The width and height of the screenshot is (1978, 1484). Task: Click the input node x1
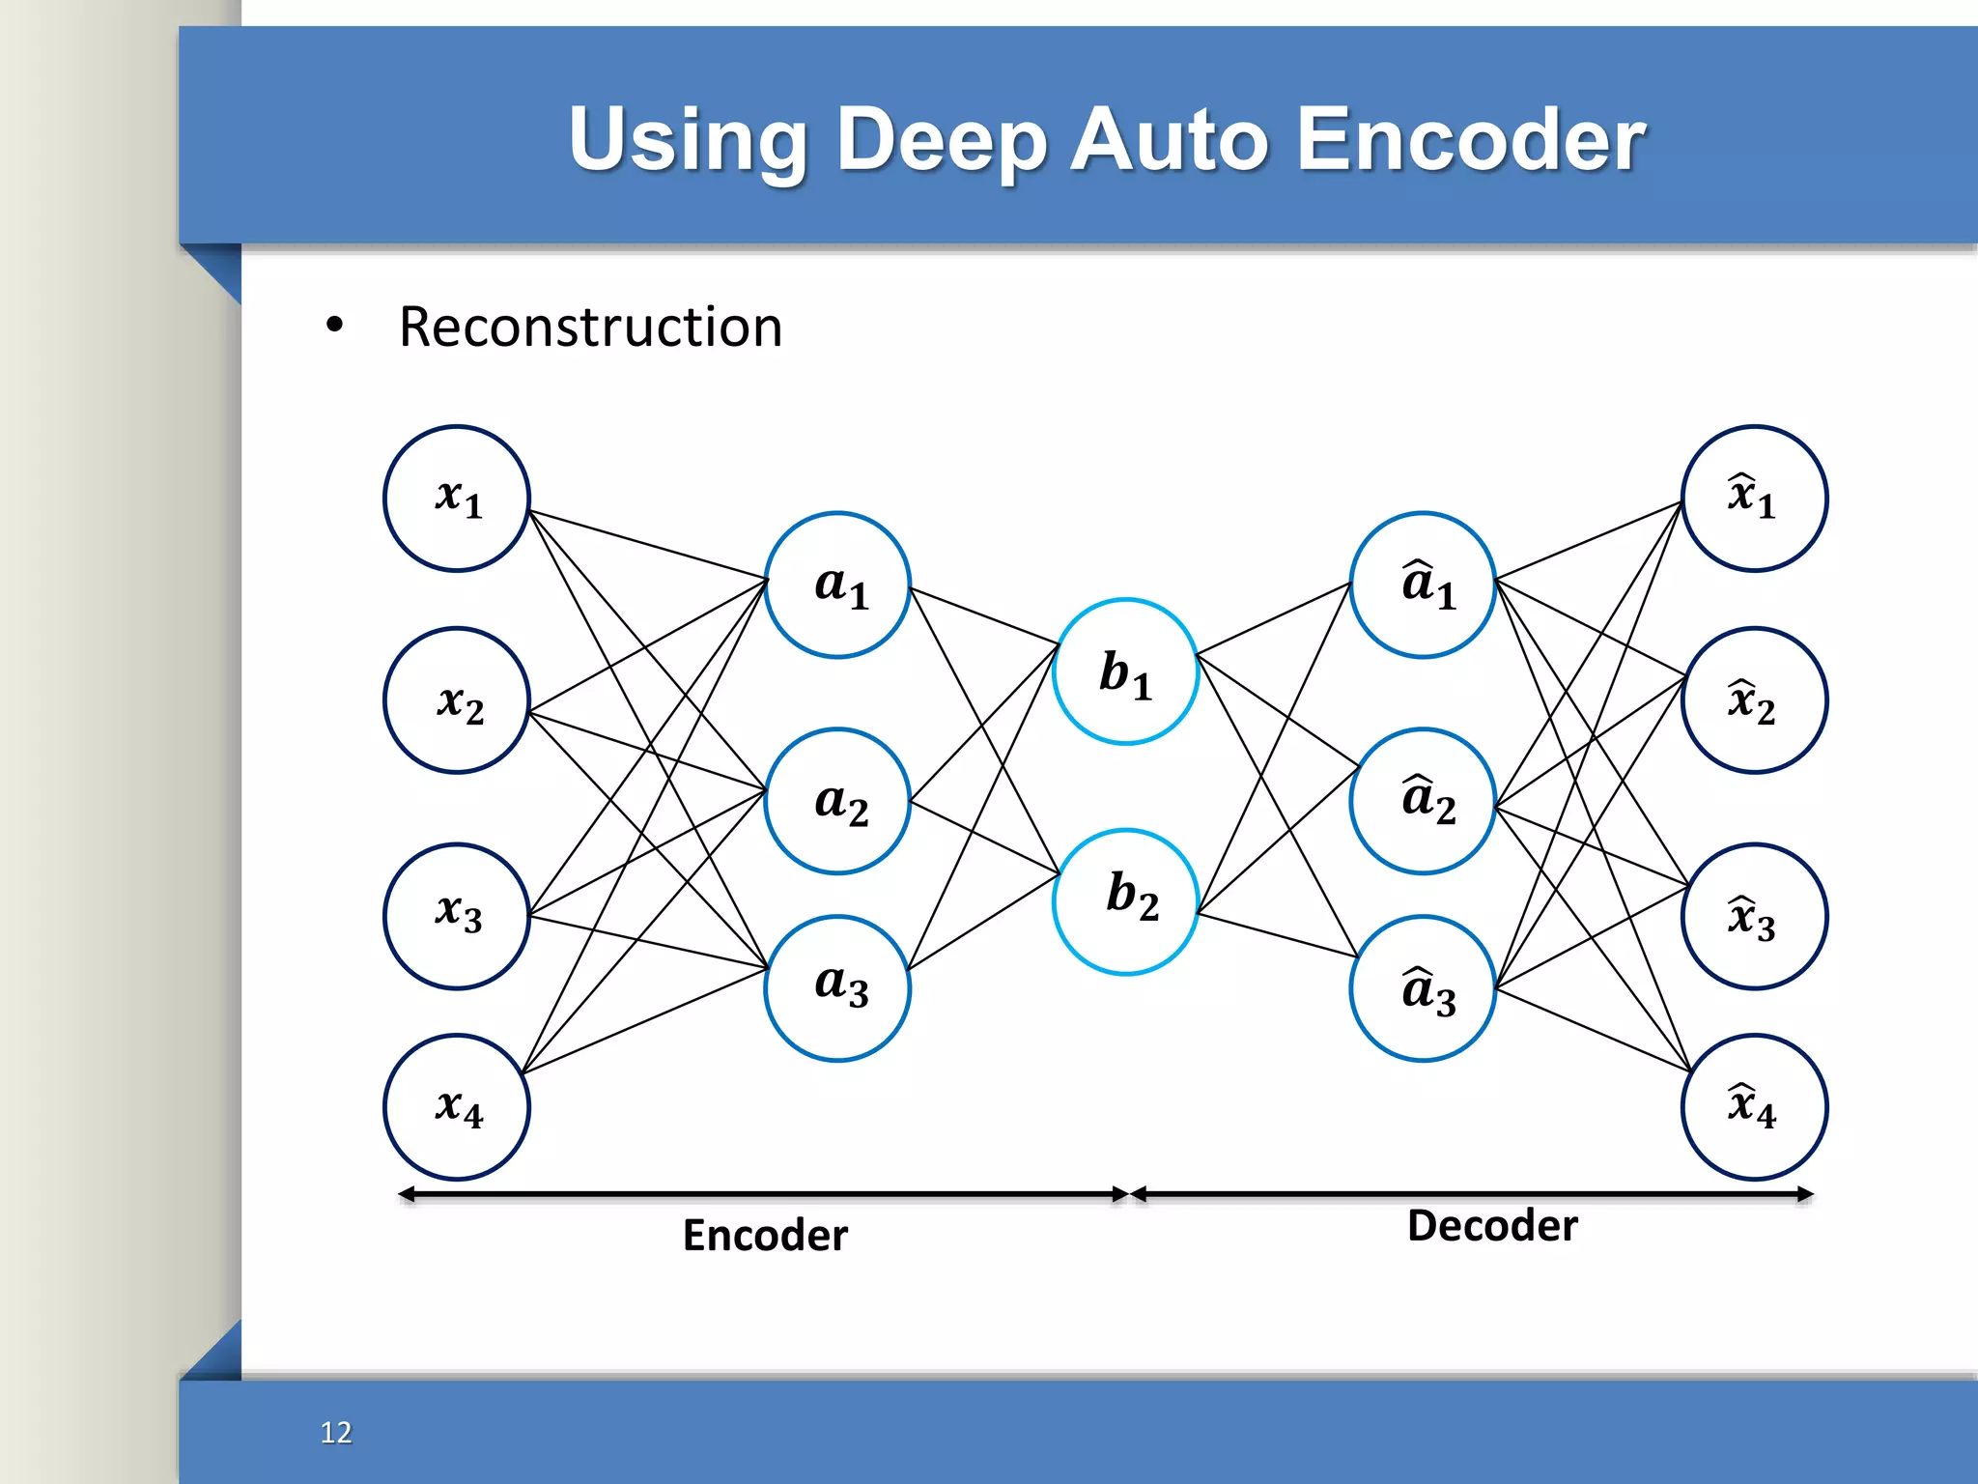tap(457, 499)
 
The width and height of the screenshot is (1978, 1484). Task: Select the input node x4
tap(457, 1107)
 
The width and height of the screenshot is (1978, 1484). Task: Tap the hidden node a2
tap(837, 801)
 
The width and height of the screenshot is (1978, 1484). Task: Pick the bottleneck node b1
tap(1126, 671)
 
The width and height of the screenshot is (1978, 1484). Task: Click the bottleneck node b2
tap(1126, 901)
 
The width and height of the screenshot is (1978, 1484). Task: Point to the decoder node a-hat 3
tap(1423, 988)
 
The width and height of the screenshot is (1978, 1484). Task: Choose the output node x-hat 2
tap(1754, 700)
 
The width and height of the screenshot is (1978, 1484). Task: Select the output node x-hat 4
tap(1754, 1107)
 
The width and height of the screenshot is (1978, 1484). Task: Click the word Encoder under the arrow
tap(765, 1236)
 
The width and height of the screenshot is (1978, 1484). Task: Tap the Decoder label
tap(1492, 1226)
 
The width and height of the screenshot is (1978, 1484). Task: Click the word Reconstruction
tap(590, 328)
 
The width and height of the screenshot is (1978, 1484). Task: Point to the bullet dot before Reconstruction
tap(334, 326)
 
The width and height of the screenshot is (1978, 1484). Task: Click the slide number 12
tap(336, 1432)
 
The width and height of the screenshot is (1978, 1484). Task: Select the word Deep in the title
tap(942, 141)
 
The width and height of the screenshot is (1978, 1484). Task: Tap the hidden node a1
tap(837, 585)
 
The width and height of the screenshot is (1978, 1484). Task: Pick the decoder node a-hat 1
tap(1423, 585)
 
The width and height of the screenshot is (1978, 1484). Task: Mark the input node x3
tap(457, 916)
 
